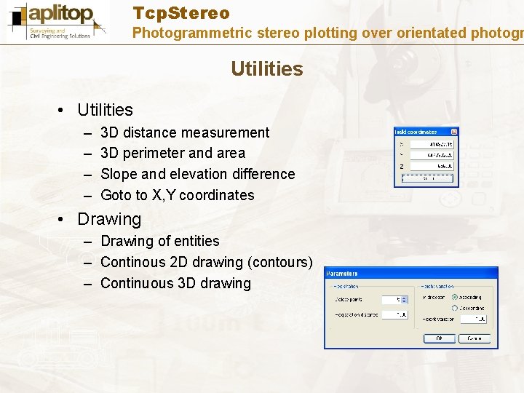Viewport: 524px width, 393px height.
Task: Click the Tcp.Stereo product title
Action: click(x=181, y=13)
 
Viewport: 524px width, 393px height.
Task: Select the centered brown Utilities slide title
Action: click(x=266, y=69)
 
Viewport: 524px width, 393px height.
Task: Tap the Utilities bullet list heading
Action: click(x=105, y=110)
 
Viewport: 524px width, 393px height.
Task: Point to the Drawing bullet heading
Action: click(x=109, y=219)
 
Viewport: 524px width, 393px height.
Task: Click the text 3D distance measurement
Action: click(x=185, y=132)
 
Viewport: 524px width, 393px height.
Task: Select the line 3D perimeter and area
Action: click(x=172, y=153)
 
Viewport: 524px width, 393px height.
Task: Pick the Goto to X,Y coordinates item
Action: click(x=177, y=195)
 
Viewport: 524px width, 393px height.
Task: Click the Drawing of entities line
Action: click(x=159, y=241)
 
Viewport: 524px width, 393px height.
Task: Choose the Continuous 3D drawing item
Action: click(x=175, y=283)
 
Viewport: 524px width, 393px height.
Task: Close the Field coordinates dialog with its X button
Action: click(x=454, y=132)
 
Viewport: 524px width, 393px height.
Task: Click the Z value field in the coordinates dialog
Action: click(x=431, y=166)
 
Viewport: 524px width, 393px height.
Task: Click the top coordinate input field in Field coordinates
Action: click(x=431, y=143)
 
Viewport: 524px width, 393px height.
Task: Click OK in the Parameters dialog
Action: click(x=439, y=338)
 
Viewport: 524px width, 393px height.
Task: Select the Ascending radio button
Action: click(x=455, y=297)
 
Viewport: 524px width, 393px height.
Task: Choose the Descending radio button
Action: click(x=455, y=308)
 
